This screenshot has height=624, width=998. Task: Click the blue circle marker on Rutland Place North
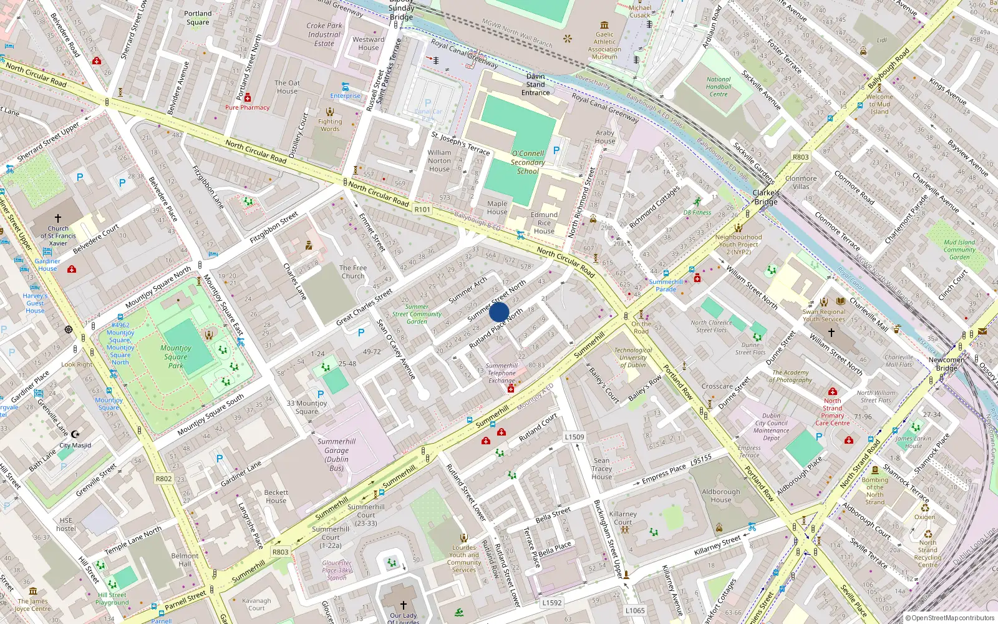coord(499,312)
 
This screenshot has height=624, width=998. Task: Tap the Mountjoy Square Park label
coord(176,356)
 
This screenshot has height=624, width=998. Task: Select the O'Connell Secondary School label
coord(528,162)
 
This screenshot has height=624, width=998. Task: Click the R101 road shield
coord(422,210)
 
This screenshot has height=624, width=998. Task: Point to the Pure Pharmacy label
coord(247,107)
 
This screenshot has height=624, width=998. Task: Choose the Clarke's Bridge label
coord(766,197)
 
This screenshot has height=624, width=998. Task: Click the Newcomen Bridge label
coord(946,364)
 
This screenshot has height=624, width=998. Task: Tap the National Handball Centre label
coord(719,87)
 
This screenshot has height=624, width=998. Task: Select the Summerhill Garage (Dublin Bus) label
coord(336,454)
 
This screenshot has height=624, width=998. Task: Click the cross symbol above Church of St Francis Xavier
coord(58,218)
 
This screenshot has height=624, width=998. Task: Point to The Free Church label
coord(353,272)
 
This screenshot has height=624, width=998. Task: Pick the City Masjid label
coord(75,446)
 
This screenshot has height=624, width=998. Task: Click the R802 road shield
coord(163,479)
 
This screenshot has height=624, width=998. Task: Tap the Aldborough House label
coord(721,495)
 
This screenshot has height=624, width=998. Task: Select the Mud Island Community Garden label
coord(959,250)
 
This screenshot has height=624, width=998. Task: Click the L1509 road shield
coord(574,437)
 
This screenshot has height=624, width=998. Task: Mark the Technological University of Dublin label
coord(633,358)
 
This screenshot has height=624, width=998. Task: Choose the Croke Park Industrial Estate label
coord(324,35)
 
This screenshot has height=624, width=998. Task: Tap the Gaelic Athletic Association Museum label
coord(604,46)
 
